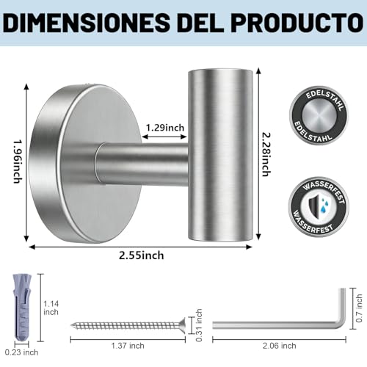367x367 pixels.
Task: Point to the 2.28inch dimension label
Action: coord(266,154)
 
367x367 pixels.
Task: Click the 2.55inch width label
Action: coord(142,255)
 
